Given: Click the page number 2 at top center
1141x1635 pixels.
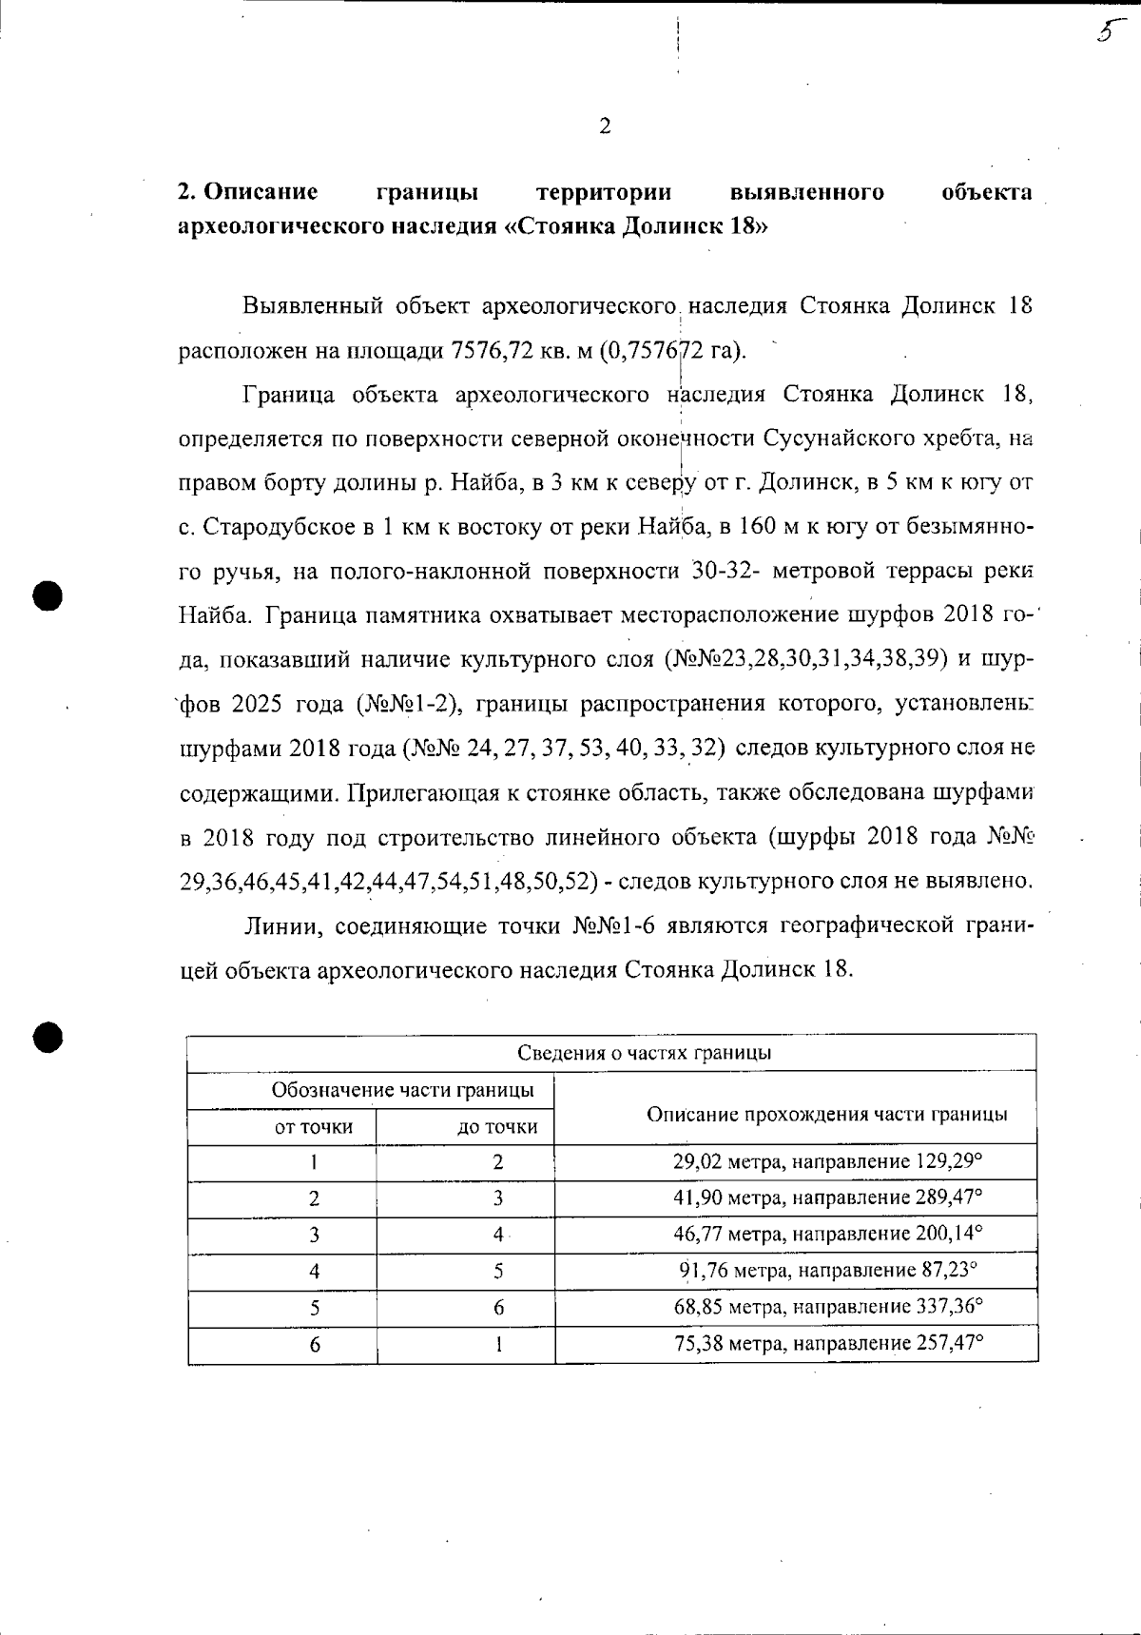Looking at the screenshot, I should (x=605, y=127).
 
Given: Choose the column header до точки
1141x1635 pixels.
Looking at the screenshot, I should (x=497, y=1127).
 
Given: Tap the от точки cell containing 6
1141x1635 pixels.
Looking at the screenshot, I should (x=314, y=1345).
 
